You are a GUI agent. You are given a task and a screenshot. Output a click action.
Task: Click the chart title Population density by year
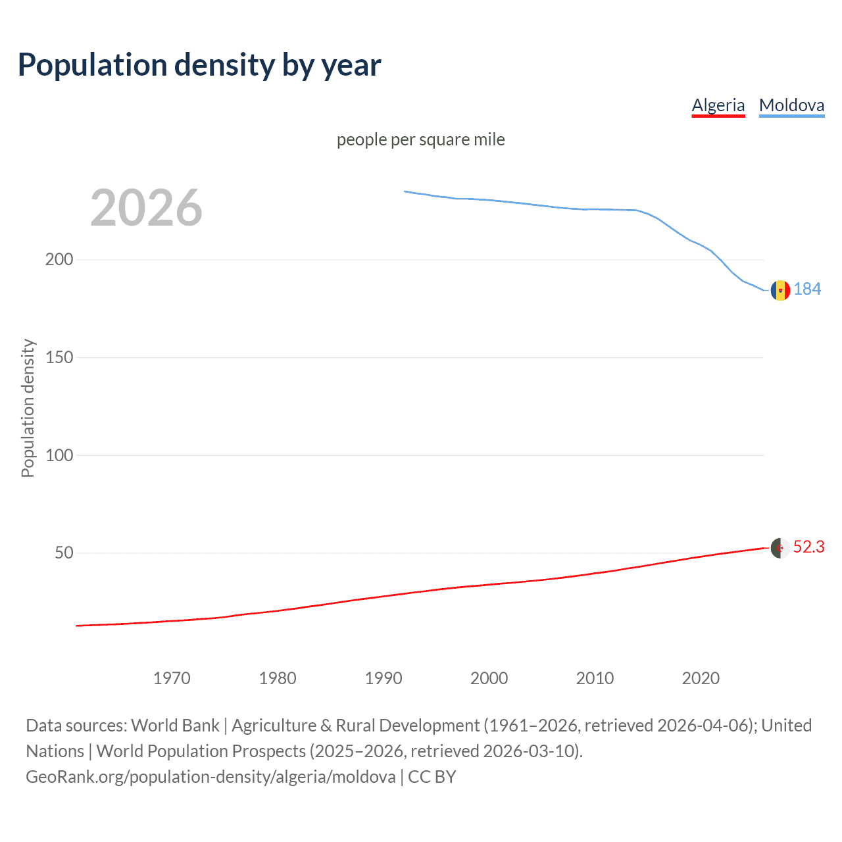[199, 65]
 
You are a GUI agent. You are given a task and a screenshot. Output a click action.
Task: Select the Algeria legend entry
[718, 105]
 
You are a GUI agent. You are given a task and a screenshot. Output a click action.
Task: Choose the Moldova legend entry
[791, 105]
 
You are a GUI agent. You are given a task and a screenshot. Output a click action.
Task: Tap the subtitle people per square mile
[421, 139]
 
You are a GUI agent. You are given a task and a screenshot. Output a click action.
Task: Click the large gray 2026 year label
[146, 208]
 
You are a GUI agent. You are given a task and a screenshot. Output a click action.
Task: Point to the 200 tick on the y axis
[59, 259]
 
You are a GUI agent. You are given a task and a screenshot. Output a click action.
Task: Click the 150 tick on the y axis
[59, 357]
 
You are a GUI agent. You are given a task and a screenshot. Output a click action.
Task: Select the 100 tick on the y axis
[59, 455]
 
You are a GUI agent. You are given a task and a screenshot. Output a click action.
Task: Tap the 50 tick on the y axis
[64, 553]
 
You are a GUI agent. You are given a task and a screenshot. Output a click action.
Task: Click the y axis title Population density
[28, 408]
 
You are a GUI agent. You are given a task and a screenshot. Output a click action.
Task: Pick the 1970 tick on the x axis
[172, 678]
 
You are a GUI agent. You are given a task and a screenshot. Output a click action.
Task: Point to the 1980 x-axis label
[278, 678]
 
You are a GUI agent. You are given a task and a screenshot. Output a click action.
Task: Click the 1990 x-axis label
[384, 678]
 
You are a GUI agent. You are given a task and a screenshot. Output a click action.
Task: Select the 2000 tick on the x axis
[489, 678]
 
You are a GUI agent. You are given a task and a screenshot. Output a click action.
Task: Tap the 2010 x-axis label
[595, 678]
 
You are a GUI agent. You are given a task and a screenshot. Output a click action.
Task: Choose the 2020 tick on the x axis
[701, 678]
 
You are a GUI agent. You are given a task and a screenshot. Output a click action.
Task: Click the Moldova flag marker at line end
[780, 290]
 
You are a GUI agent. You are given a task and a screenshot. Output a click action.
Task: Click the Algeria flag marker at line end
[780, 547]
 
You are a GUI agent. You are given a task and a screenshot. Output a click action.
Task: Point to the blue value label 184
[807, 289]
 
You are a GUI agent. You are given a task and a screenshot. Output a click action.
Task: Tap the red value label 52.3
[808, 547]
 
